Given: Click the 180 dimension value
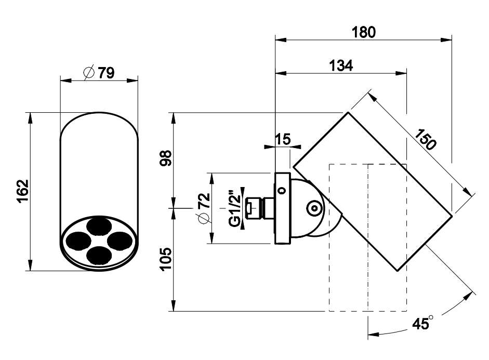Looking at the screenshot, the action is point(364,32).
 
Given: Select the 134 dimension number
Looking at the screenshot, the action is point(341,66).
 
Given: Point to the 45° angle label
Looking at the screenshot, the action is point(422,323).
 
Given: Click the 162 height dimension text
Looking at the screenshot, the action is point(23,191).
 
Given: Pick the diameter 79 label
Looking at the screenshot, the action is point(99,73).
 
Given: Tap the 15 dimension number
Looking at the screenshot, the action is point(283,139).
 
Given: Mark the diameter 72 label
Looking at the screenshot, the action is point(204,208).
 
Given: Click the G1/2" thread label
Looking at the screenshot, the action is point(234,207).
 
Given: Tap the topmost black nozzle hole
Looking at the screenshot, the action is point(99,226).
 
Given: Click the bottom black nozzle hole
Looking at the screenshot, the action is point(99,255).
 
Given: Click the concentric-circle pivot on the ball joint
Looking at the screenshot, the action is point(314,208).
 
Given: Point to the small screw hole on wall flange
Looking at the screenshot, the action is point(282,190).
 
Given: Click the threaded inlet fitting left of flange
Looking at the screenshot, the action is point(260,208).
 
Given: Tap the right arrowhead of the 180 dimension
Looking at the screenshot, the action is point(446,40).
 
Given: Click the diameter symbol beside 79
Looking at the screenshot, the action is point(89,73).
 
